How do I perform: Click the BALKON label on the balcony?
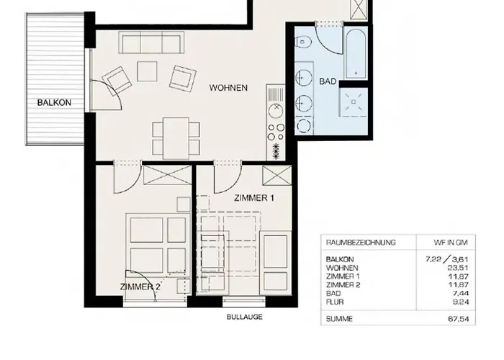coord(54,102)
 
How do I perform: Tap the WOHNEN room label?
coord(228,88)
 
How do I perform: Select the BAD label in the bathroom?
coord(328,81)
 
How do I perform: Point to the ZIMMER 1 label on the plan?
coord(254,198)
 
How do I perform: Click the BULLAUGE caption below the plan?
coord(245,317)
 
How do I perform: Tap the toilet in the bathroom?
coord(304,42)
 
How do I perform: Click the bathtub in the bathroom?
coord(356,53)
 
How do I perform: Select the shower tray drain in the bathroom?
coord(354,102)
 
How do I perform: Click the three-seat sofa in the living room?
coord(151,42)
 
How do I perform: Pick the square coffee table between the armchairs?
coord(147,71)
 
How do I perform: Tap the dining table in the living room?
coord(176,138)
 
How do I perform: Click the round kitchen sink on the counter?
coord(276,111)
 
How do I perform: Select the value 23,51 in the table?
coord(459,268)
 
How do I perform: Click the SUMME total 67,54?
coord(459,319)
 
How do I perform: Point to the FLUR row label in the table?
coord(335,302)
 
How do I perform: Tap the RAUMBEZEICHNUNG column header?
coord(361,243)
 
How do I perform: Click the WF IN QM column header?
coord(451,243)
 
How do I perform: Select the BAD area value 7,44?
coord(460,293)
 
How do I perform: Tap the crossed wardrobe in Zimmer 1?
coord(277,175)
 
